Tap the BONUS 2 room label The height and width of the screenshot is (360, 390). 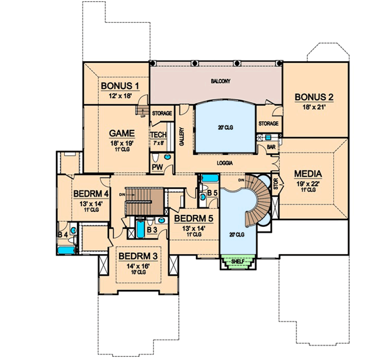coord(313,97)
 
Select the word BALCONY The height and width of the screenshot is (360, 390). coord(215,81)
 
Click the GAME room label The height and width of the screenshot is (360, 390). coord(120,134)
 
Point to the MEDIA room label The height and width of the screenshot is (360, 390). coord(309,174)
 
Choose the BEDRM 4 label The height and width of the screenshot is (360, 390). coord(92,194)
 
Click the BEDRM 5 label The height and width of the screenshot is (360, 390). coord(194,219)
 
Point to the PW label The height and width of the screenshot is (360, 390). coord(157,166)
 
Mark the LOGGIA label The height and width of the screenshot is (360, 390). coord(224,163)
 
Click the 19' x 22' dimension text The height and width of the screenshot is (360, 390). coord(309,183)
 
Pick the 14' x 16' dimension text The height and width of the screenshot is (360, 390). coord(137,266)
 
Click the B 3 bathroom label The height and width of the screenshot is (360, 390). coord(151,230)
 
